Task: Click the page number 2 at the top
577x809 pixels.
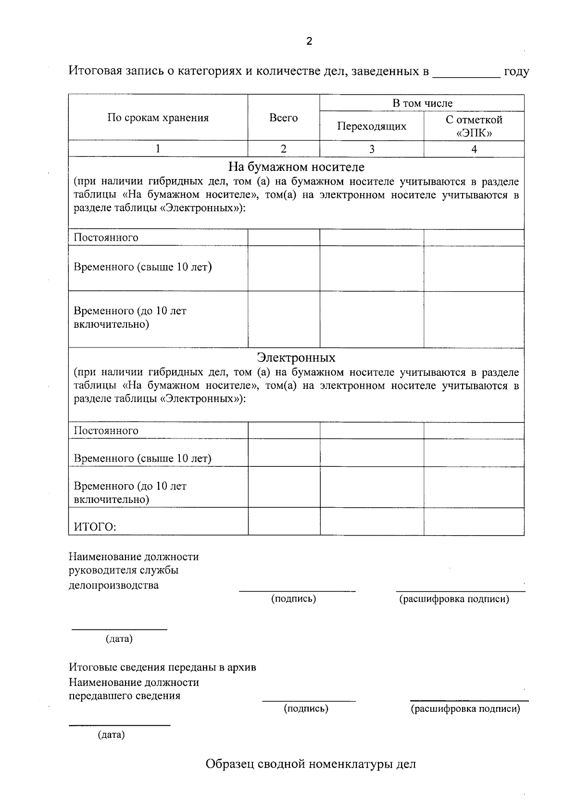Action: pos(309,41)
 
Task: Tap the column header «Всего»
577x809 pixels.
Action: pos(283,118)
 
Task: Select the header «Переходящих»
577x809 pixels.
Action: pos(371,126)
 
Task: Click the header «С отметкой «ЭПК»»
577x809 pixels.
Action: pos(474,126)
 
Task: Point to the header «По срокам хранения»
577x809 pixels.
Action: pos(158,118)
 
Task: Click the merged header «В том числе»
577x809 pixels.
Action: pos(422,103)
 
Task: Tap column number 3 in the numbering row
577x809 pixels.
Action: pos(371,149)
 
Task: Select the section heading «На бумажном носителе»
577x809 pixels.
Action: pos(296,167)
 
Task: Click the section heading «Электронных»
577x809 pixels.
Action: pos(296,358)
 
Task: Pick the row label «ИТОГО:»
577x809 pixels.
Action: pos(95,526)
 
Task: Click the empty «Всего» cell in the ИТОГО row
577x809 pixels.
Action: pos(284,522)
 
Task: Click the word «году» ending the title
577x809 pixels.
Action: pos(516,72)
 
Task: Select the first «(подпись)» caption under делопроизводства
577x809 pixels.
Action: pos(293,599)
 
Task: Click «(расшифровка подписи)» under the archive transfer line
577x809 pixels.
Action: pos(465,708)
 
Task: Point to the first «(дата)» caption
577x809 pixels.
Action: pos(119,639)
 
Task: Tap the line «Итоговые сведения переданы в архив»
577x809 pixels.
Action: pos(162,668)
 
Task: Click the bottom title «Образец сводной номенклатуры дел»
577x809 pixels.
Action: pos(311,764)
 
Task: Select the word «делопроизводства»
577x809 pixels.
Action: pos(113,585)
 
